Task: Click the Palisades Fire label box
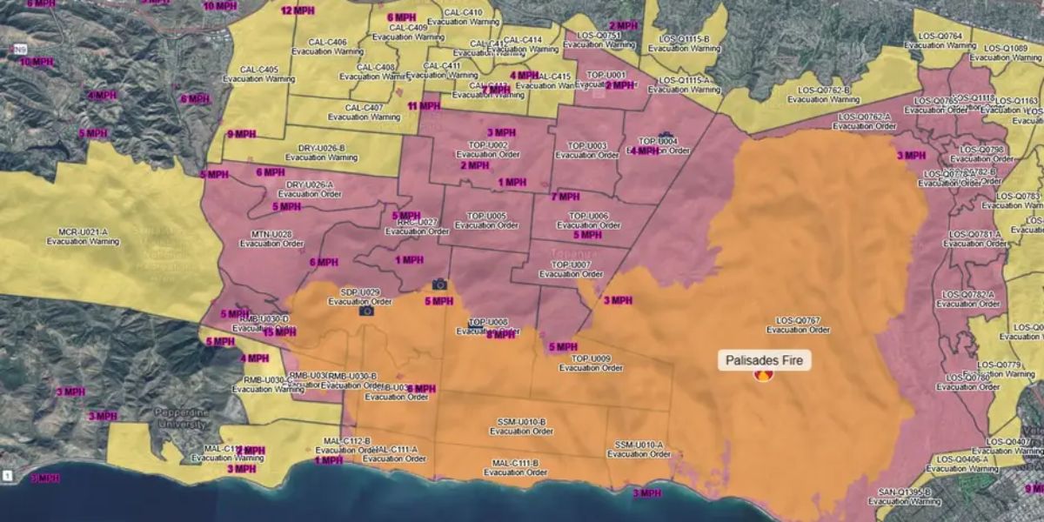pyautogui.click(x=764, y=360)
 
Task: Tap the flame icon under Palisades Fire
pyautogui.click(x=764, y=376)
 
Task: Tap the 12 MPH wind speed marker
pyautogui.click(x=298, y=11)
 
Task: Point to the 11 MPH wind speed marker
pyautogui.click(x=424, y=106)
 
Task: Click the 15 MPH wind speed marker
pyautogui.click(x=278, y=332)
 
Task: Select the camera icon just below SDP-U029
pyautogui.click(x=366, y=311)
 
